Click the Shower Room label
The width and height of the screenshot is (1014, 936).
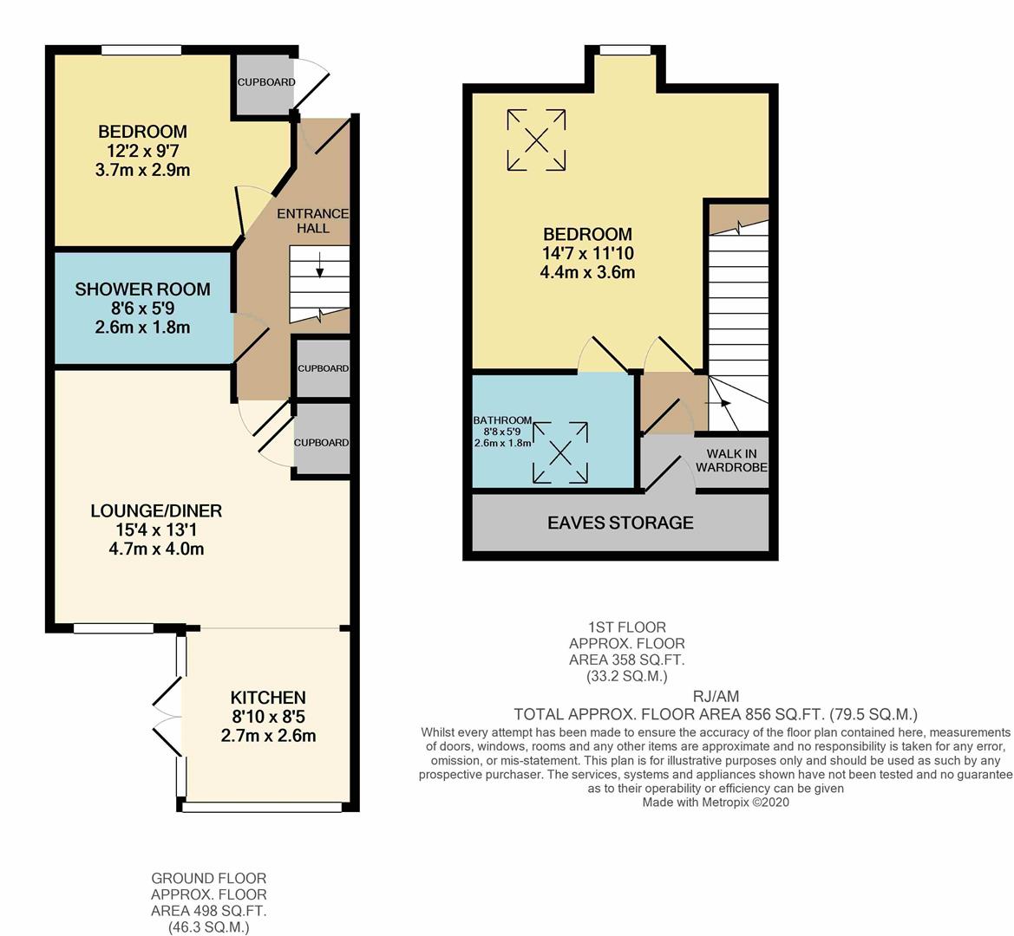pyautogui.click(x=142, y=289)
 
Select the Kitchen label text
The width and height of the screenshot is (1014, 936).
pyautogui.click(x=267, y=698)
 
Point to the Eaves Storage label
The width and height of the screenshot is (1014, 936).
pyautogui.click(x=620, y=523)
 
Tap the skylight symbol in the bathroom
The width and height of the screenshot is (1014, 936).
pyautogui.click(x=560, y=452)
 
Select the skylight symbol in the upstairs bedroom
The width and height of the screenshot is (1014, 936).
pyautogui.click(x=536, y=140)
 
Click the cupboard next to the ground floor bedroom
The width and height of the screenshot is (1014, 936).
pyautogui.click(x=265, y=82)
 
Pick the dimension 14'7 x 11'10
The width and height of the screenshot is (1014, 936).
pyautogui.click(x=587, y=253)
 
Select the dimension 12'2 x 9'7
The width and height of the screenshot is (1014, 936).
pyautogui.click(x=142, y=151)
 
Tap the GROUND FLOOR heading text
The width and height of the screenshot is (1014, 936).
pyautogui.click(x=208, y=878)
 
